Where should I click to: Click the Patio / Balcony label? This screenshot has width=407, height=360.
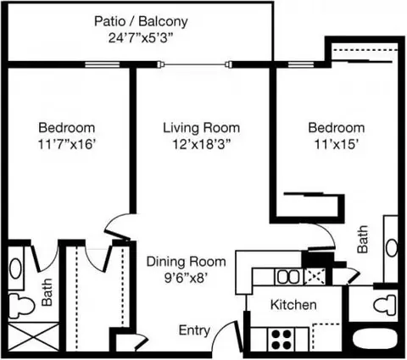click(141, 21)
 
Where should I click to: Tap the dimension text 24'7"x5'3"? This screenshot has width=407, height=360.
click(141, 38)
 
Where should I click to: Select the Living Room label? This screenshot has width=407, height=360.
click(202, 128)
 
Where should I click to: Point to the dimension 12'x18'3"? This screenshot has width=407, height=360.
click(202, 145)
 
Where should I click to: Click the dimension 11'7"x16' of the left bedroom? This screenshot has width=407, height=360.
click(67, 145)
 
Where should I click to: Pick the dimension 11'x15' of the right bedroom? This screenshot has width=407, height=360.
click(337, 145)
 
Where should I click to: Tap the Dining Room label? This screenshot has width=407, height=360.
click(186, 262)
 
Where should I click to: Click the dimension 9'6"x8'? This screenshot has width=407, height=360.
click(187, 279)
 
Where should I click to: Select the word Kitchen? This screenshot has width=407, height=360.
click(293, 305)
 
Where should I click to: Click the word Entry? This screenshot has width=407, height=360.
click(194, 330)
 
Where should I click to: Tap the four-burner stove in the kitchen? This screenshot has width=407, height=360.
click(282, 340)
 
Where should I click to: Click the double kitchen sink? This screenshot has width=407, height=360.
click(288, 277)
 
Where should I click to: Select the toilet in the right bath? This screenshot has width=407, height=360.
click(386, 305)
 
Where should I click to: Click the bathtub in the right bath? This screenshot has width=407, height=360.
click(376, 341)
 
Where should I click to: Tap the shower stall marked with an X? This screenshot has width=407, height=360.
click(34, 337)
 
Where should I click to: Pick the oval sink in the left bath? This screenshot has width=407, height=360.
click(16, 269)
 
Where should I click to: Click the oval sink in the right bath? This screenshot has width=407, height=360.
click(392, 247)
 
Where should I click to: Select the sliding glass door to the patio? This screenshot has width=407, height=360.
click(194, 64)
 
